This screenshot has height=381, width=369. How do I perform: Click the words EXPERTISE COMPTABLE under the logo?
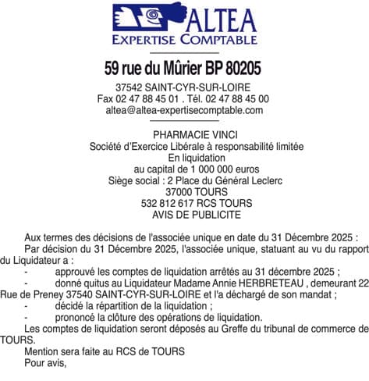[184, 39]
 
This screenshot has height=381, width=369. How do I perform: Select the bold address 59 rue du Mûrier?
[155, 69]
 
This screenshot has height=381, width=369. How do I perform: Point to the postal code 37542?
[129, 87]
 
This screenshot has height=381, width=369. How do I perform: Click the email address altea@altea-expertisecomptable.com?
[184, 111]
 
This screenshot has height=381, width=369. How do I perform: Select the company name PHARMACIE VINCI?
[184, 134]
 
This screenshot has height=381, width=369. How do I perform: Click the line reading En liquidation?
[184, 157]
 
